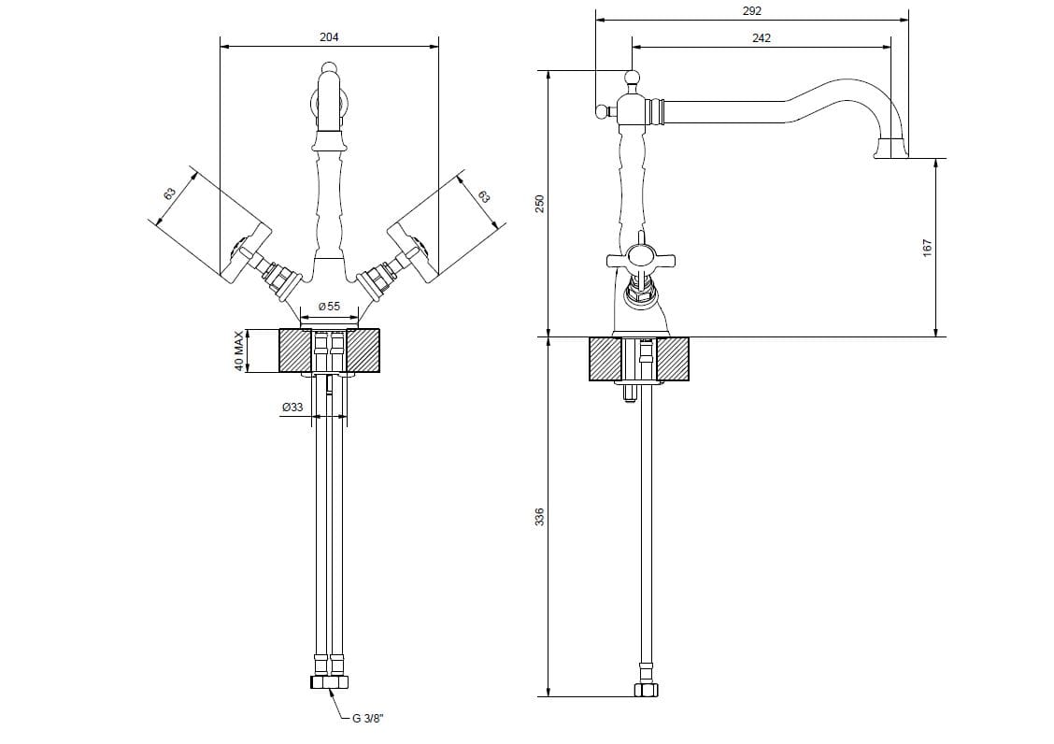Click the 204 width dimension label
[x=329, y=36]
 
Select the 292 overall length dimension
[x=753, y=10]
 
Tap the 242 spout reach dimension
[x=761, y=38]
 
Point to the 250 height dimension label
[x=538, y=203]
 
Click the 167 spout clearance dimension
[x=928, y=248]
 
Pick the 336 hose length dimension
[x=538, y=517]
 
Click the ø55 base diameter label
[x=328, y=307]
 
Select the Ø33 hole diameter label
[x=292, y=408]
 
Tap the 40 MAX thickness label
[x=239, y=351]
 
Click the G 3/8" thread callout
[x=368, y=718]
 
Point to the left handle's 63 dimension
[x=169, y=193]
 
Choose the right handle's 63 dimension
[x=483, y=196]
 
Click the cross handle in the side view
[x=640, y=257]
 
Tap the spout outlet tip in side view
[x=890, y=149]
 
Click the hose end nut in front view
[x=328, y=682]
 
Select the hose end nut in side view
[x=645, y=690]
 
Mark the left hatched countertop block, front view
[x=294, y=351]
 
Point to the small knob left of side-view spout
[x=600, y=111]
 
